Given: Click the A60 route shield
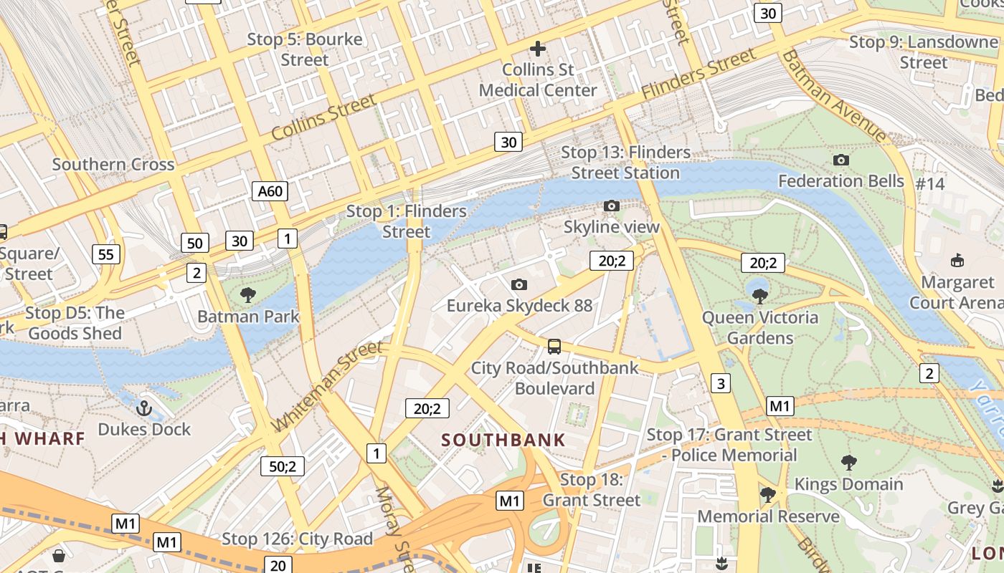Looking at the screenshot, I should coord(270,191).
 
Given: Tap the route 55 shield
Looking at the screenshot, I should coord(105,254).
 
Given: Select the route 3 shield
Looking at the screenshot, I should coord(720,383).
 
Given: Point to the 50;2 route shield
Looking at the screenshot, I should coord(282,466).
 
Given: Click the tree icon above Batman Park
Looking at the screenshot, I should coord(248,294).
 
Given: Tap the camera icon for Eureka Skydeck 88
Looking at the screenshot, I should coord(519,284).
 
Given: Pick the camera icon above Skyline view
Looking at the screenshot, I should coord(611,206).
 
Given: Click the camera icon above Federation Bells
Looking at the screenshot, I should coord(841,160).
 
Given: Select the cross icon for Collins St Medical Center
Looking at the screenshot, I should coord(537,49).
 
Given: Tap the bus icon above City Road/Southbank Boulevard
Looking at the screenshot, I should coord(554,347).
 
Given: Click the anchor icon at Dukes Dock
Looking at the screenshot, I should coord(144,408).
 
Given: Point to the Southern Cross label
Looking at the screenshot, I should coord(113,164).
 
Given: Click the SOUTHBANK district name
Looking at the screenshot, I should coord(503,440).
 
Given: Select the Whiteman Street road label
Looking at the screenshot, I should coord(327,387).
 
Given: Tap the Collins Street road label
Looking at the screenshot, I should coord(323,117).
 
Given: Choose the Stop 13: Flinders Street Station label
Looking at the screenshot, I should coord(625,163).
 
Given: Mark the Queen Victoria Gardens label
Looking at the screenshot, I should coord(759,327).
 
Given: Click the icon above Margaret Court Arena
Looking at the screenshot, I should coord(957,260).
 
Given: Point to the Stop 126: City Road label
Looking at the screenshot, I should coord(297,539).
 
